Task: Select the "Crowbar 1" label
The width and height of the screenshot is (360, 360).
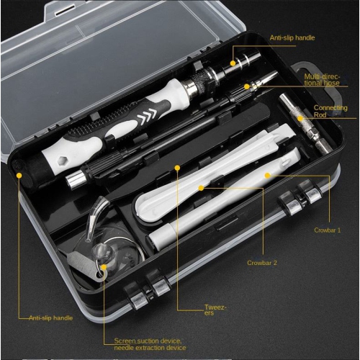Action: [328, 230]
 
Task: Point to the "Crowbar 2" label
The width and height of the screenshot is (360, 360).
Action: [261, 263]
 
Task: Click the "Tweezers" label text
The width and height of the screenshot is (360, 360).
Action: [215, 310]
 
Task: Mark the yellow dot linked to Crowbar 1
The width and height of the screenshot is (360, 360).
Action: [266, 174]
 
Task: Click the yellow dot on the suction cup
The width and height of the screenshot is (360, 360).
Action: [104, 268]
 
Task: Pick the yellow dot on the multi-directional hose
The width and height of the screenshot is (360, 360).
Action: [246, 86]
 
